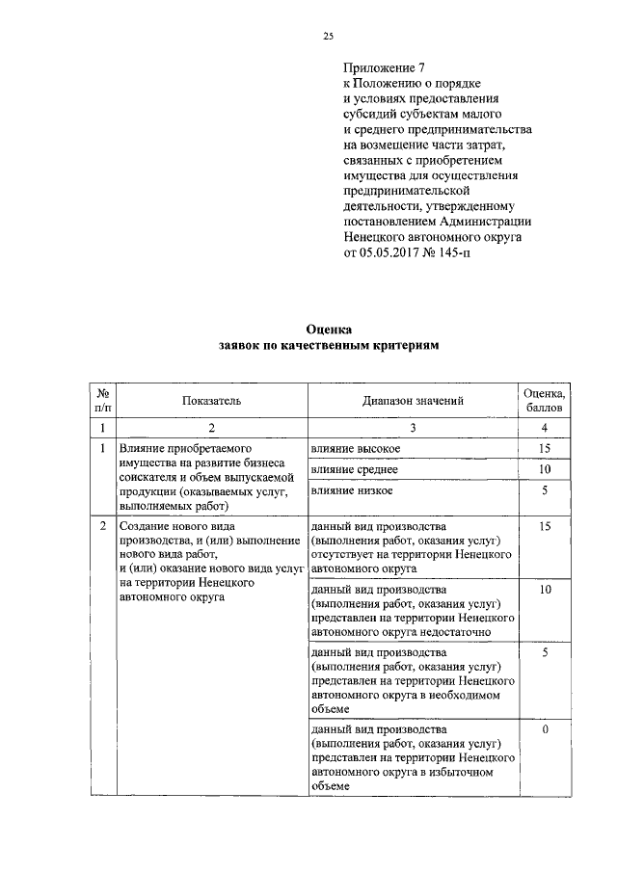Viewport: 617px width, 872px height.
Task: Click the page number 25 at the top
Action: (328, 38)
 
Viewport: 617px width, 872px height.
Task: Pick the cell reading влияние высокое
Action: (356, 449)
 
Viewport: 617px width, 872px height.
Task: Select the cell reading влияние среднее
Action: (355, 469)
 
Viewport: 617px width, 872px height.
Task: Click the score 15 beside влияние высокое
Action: (545, 449)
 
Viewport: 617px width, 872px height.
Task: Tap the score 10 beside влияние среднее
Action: (545, 469)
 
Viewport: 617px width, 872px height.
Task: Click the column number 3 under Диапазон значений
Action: (414, 427)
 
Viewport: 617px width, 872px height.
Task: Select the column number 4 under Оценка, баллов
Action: (545, 427)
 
